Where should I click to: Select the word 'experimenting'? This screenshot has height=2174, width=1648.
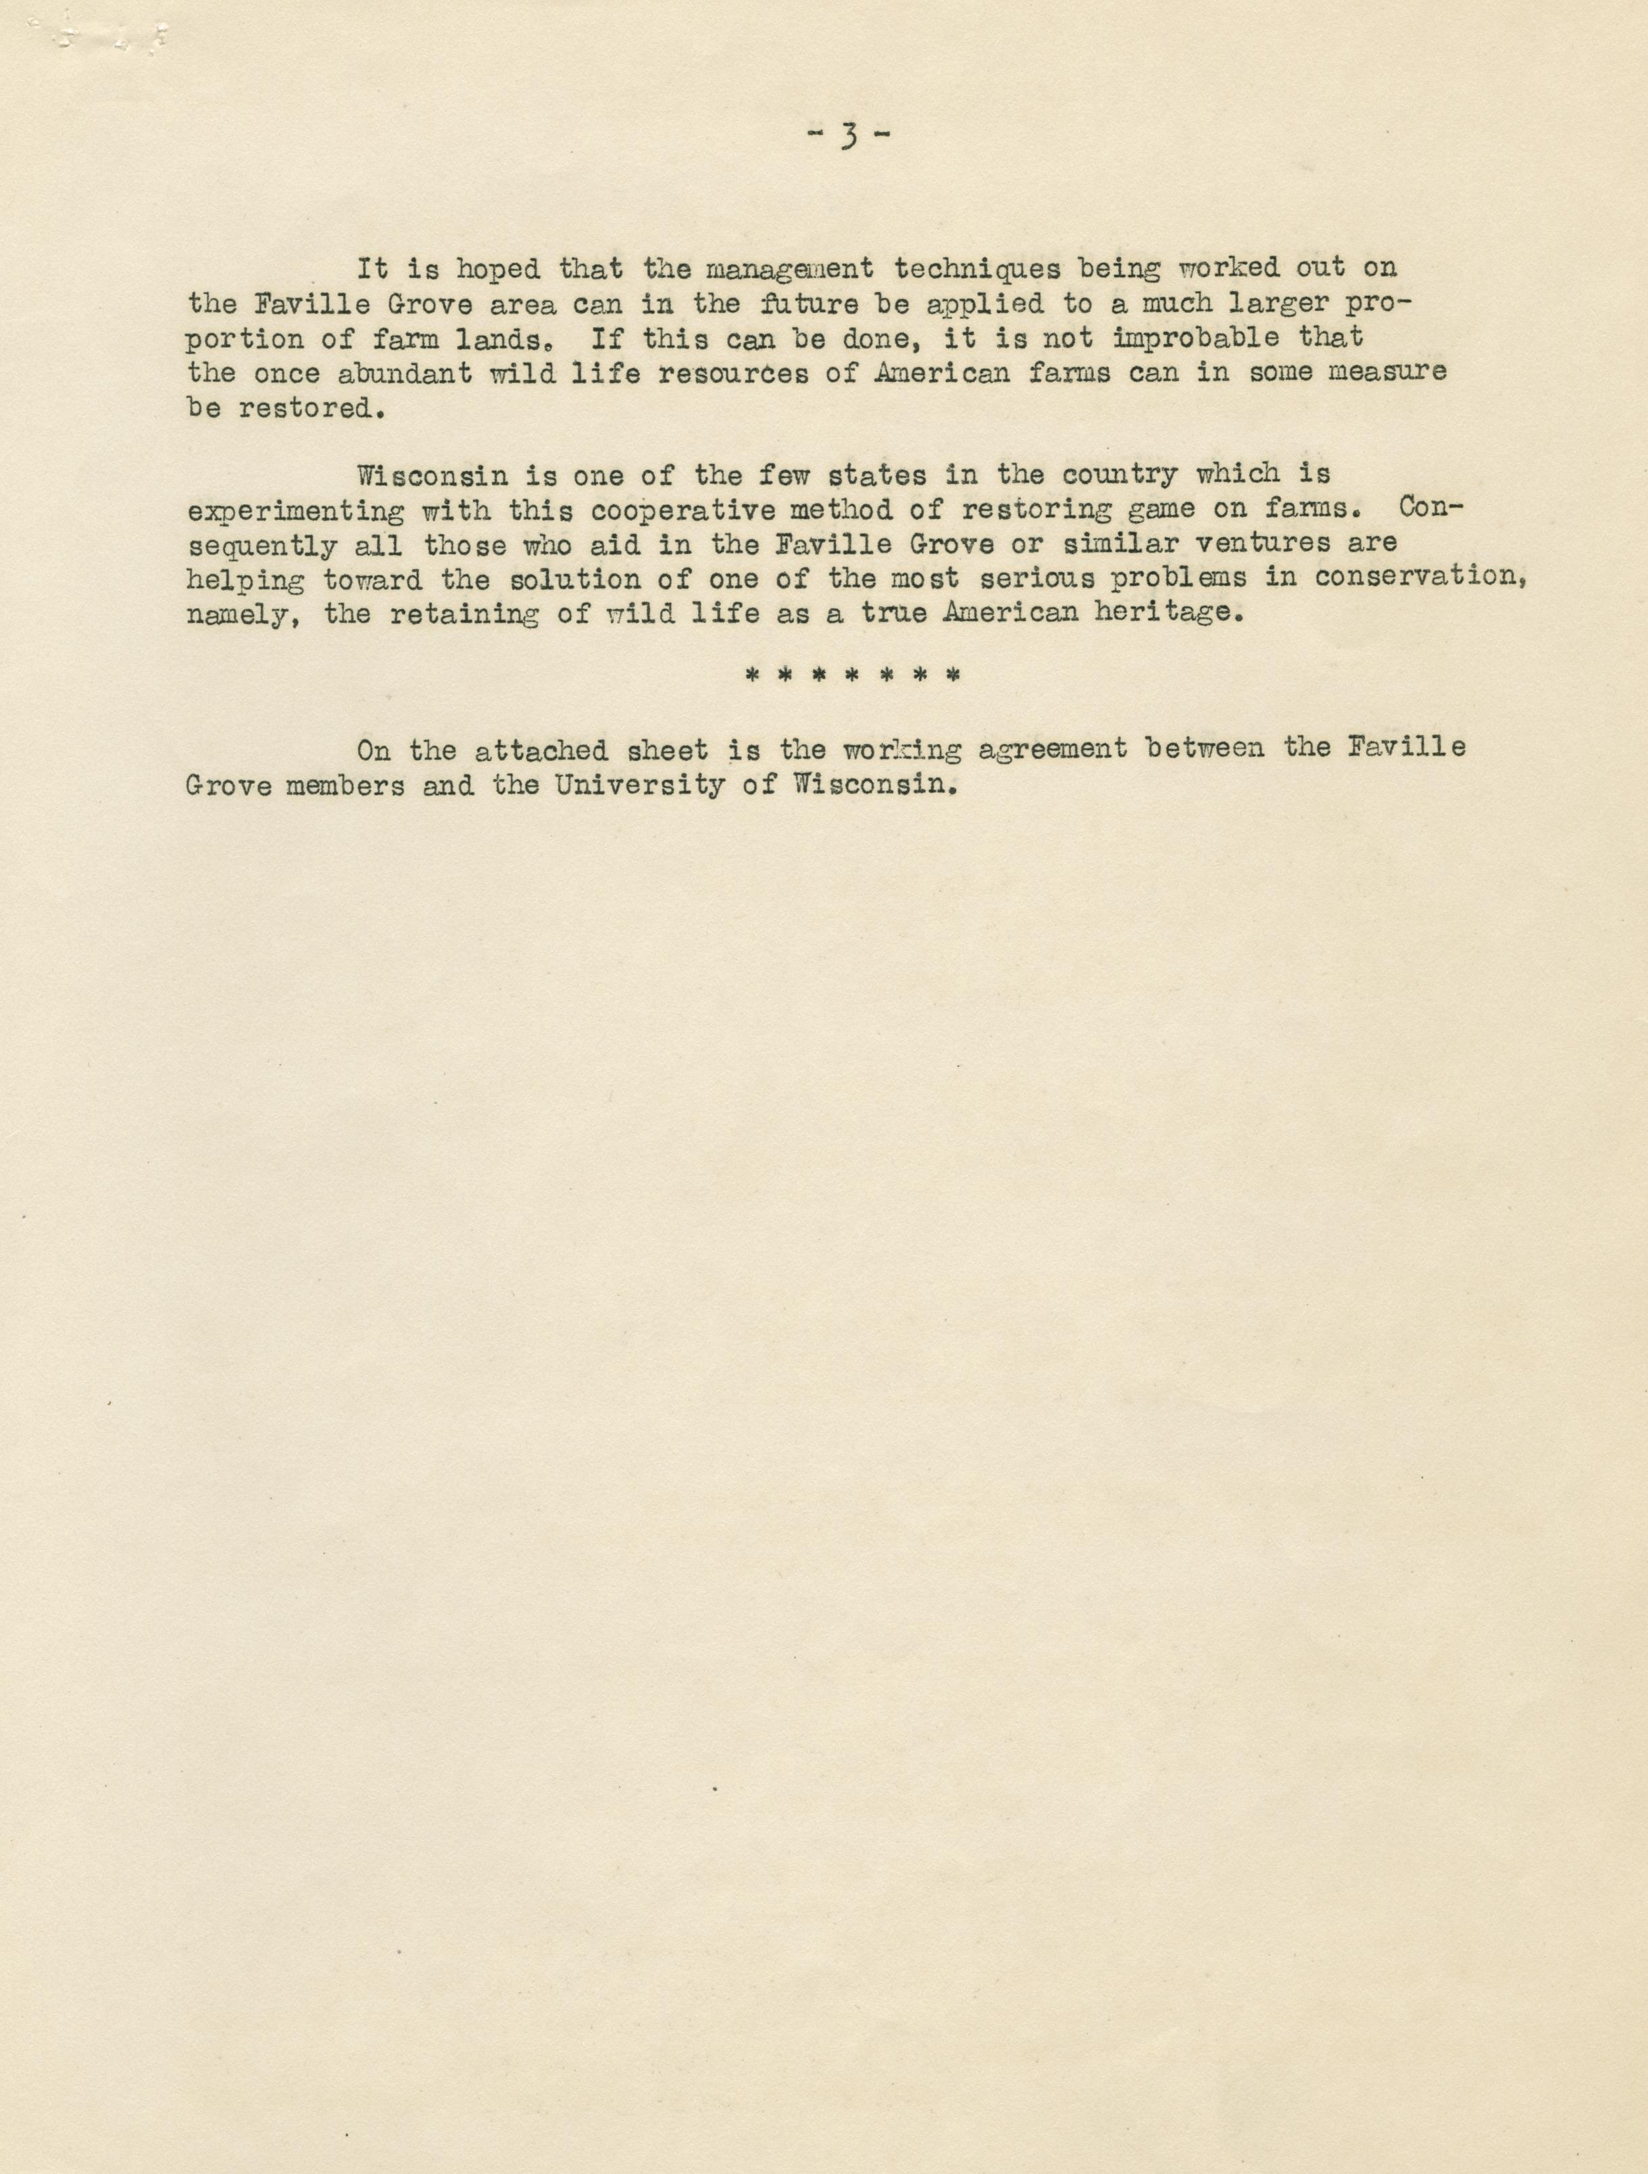(295, 510)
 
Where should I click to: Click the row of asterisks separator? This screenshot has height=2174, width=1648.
(852, 676)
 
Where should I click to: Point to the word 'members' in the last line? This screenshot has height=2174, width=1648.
(345, 786)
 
